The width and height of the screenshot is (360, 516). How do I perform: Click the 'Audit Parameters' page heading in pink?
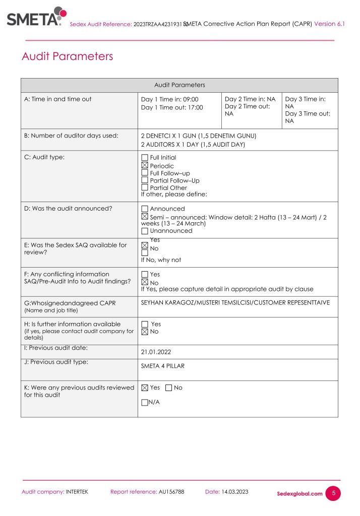click(67, 56)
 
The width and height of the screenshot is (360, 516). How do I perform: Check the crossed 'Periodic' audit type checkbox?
click(145, 165)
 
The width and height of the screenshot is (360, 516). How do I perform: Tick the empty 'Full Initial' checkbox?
click(145, 158)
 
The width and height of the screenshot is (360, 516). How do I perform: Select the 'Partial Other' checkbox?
click(145, 187)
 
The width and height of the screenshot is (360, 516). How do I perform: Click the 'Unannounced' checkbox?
click(145, 231)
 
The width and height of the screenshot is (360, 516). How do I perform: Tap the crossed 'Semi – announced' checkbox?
click(145, 217)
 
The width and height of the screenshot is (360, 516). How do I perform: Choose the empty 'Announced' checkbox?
click(145, 209)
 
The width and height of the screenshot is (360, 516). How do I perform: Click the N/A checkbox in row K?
click(145, 402)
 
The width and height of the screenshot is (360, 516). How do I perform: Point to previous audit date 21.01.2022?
click(157, 352)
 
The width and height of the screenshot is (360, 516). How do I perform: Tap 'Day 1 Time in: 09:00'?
click(170, 99)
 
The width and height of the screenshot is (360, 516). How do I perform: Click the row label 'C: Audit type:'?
click(44, 157)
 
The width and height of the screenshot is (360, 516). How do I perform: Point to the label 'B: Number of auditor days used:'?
click(71, 135)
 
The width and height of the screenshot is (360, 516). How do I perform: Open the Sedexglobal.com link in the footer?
click(299, 494)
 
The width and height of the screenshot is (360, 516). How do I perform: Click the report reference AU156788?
click(171, 492)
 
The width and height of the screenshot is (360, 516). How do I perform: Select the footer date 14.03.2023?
click(235, 492)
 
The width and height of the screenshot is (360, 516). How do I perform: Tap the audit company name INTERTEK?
click(77, 492)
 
